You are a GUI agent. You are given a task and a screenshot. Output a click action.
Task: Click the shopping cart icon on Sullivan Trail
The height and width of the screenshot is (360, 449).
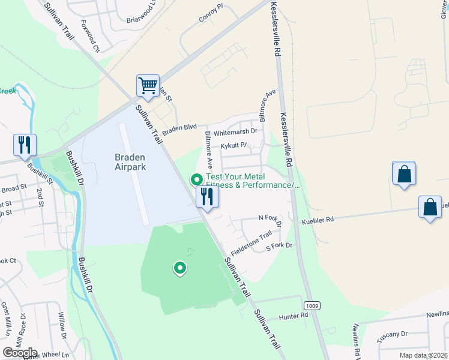[x=148, y=85]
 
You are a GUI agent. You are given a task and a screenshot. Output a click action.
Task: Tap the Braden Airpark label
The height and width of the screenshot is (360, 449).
[x=130, y=162]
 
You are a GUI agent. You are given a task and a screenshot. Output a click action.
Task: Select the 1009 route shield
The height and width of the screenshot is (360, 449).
[x=312, y=306]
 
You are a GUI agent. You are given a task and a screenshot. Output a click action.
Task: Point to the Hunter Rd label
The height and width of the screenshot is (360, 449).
[x=294, y=316]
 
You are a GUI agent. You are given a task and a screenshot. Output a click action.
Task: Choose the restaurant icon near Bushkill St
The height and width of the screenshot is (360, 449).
[x=25, y=145]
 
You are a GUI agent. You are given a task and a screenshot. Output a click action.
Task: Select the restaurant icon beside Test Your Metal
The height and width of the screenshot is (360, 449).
[x=207, y=197]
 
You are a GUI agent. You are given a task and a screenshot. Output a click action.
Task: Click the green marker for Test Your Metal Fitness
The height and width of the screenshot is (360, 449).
[x=196, y=179]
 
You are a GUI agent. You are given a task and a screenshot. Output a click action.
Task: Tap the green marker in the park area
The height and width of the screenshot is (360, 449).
[x=179, y=268]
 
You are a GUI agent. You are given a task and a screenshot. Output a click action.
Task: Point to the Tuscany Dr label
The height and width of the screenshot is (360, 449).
[x=392, y=334]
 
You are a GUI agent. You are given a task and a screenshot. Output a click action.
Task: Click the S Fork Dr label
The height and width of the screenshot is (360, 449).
[x=279, y=246]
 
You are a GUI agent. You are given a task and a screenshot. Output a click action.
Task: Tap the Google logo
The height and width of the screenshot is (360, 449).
[x=20, y=353]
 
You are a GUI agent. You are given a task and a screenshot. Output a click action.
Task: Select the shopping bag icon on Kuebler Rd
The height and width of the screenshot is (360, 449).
[x=430, y=208]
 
